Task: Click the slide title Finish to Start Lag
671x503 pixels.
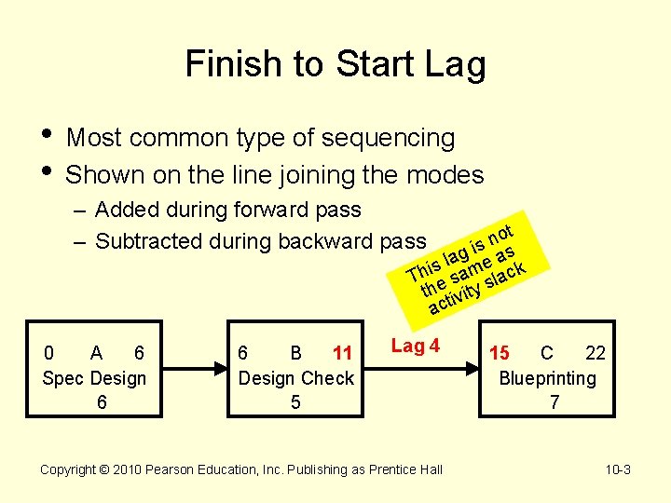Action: tap(335, 65)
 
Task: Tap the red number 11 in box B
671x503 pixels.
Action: tap(342, 353)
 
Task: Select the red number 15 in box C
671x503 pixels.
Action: tap(500, 353)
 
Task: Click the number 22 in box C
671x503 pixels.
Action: tap(596, 353)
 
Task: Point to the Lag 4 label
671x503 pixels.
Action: tap(415, 347)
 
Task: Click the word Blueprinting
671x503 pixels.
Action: tap(547, 378)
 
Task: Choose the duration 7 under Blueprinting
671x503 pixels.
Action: tap(555, 402)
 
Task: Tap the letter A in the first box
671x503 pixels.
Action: tap(96, 353)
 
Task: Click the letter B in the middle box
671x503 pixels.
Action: tap(295, 353)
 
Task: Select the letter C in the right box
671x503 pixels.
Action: tap(547, 353)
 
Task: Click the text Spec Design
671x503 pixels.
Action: tap(94, 378)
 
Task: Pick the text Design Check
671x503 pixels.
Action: tap(295, 378)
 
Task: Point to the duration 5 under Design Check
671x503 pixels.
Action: tap(295, 402)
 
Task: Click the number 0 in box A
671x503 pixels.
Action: tap(49, 353)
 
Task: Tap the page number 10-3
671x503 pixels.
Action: tap(618, 469)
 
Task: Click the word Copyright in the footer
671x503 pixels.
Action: tap(71, 469)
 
